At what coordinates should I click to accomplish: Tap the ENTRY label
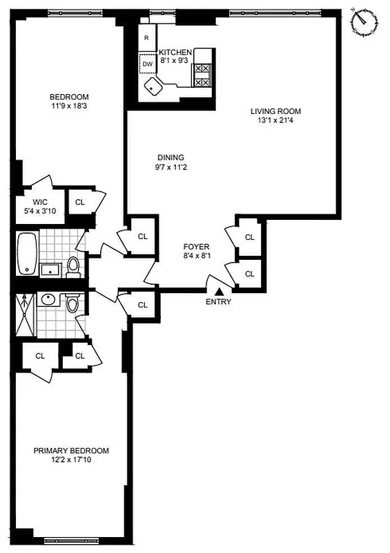pos(218,301)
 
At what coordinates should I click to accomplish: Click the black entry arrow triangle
pos(218,292)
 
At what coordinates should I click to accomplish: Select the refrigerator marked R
pos(146,39)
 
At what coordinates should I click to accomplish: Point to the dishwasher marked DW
pos(147,64)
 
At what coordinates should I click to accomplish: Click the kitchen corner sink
pos(153,86)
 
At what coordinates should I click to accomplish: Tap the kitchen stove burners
pos(202,75)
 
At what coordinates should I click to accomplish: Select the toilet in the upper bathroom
pos(73,266)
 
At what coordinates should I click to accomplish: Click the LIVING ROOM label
pos(276,111)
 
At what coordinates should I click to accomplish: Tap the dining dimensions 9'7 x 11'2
pos(170,167)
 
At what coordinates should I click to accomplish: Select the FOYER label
pos(196,247)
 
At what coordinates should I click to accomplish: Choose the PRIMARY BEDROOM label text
pos(71,451)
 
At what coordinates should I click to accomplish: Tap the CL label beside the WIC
pos(79,203)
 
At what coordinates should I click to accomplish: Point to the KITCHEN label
pos(175,52)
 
